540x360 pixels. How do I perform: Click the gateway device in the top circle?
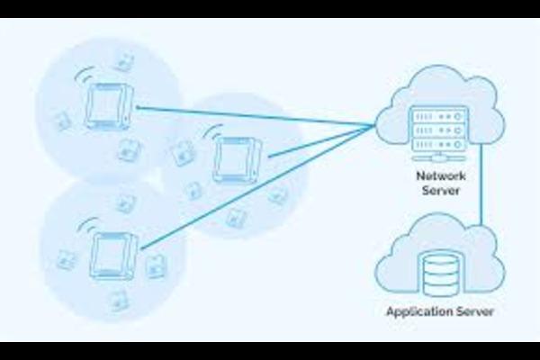pyautogui.click(x=108, y=104)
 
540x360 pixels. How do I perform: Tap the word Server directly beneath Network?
pyautogui.click(x=439, y=191)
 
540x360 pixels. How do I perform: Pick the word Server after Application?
pyautogui.click(x=474, y=313)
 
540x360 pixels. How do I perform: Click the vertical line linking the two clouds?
pyautogui.click(x=482, y=184)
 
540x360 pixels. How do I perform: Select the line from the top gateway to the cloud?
pyautogui.click(x=252, y=116)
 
